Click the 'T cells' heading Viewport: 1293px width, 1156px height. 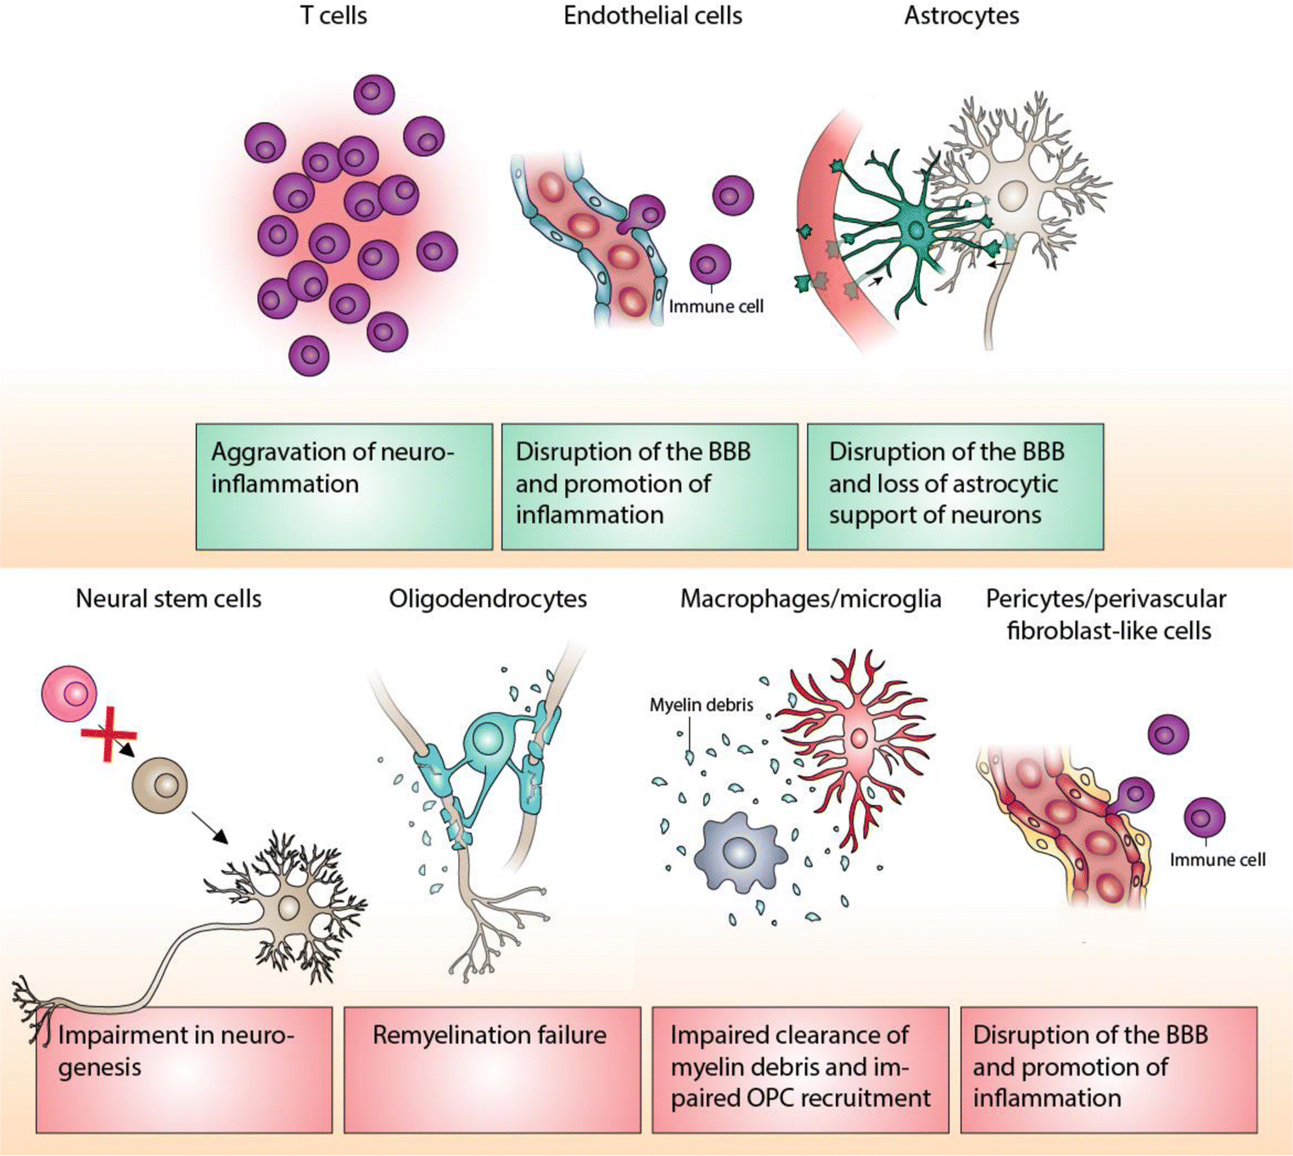[333, 16]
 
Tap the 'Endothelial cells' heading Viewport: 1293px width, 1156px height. [652, 16]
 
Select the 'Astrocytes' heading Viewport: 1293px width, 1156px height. [961, 16]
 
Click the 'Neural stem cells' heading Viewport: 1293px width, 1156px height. [168, 599]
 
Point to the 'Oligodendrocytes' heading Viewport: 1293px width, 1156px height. [488, 599]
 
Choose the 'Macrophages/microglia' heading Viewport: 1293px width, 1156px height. [810, 599]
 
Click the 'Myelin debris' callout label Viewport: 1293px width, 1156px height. [701, 705]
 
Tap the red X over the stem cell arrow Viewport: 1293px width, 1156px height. [109, 734]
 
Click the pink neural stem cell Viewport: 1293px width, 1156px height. [70, 694]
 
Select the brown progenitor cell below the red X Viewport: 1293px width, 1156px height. [160, 785]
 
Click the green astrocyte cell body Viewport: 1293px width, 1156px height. [917, 230]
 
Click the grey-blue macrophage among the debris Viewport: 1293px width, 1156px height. [736, 852]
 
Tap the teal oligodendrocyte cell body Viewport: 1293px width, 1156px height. [487, 739]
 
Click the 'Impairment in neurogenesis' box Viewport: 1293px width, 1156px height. [184, 1069]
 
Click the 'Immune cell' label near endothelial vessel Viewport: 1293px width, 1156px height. [716, 307]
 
